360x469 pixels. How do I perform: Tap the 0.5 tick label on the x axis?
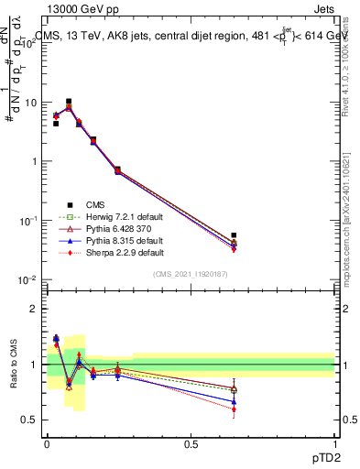click(191, 444)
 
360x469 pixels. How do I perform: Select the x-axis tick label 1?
click(335, 444)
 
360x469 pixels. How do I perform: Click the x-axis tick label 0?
click(47, 444)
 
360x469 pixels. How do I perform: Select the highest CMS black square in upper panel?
click(69, 102)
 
